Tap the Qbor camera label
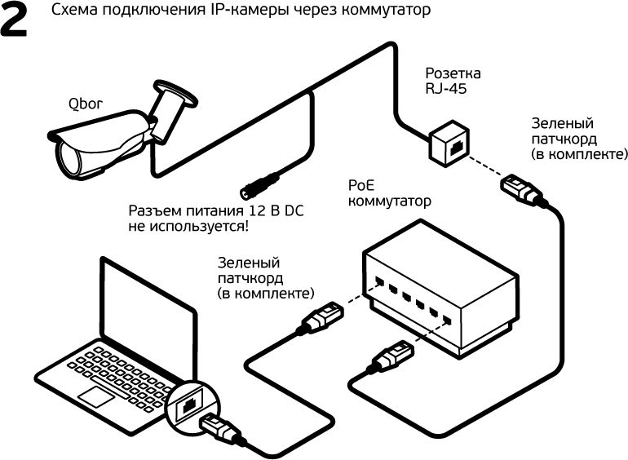(x=86, y=104)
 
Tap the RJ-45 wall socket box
(x=448, y=139)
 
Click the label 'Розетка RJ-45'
(x=445, y=81)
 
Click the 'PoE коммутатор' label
(x=389, y=192)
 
